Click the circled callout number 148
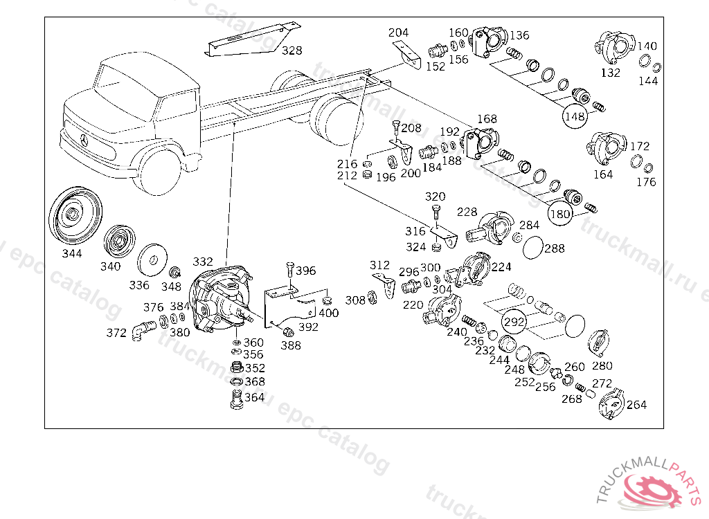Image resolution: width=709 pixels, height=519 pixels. (x=575, y=116)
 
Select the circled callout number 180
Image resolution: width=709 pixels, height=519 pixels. (x=560, y=213)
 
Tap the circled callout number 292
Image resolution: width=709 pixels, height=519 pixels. (x=514, y=322)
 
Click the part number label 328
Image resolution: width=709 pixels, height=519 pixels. (x=292, y=51)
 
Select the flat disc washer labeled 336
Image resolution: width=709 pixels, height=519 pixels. (x=152, y=260)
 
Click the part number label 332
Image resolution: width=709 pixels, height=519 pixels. (x=203, y=262)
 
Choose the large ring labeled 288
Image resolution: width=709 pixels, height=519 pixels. (x=532, y=247)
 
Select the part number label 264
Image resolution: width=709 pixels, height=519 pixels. (x=636, y=405)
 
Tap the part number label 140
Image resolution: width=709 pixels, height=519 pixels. (x=647, y=46)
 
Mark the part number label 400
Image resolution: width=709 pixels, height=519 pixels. (x=329, y=313)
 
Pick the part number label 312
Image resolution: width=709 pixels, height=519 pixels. (x=379, y=265)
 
